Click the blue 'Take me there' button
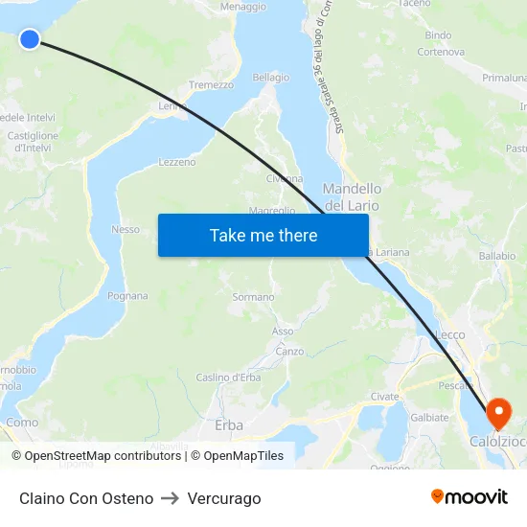click(x=263, y=235)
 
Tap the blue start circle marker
click(x=30, y=38)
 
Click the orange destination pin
click(x=498, y=414)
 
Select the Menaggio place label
click(x=243, y=7)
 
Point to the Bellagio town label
click(x=270, y=77)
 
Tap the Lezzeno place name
click(x=176, y=162)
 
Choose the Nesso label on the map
click(x=126, y=229)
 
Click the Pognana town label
click(x=127, y=295)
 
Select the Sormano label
click(x=253, y=297)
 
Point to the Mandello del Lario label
click(x=352, y=197)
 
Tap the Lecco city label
click(x=449, y=334)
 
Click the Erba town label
click(x=229, y=424)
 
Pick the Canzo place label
click(x=289, y=352)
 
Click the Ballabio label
click(x=496, y=256)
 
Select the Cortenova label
click(x=441, y=52)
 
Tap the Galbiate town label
click(x=429, y=417)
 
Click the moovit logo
click(x=470, y=497)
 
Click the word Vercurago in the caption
click(x=224, y=498)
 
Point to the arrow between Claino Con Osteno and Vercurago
click(x=171, y=498)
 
